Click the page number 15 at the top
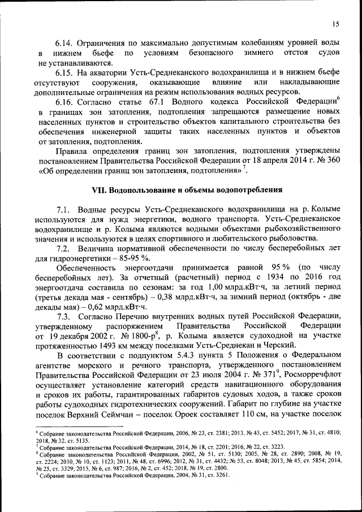click(335, 24)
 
